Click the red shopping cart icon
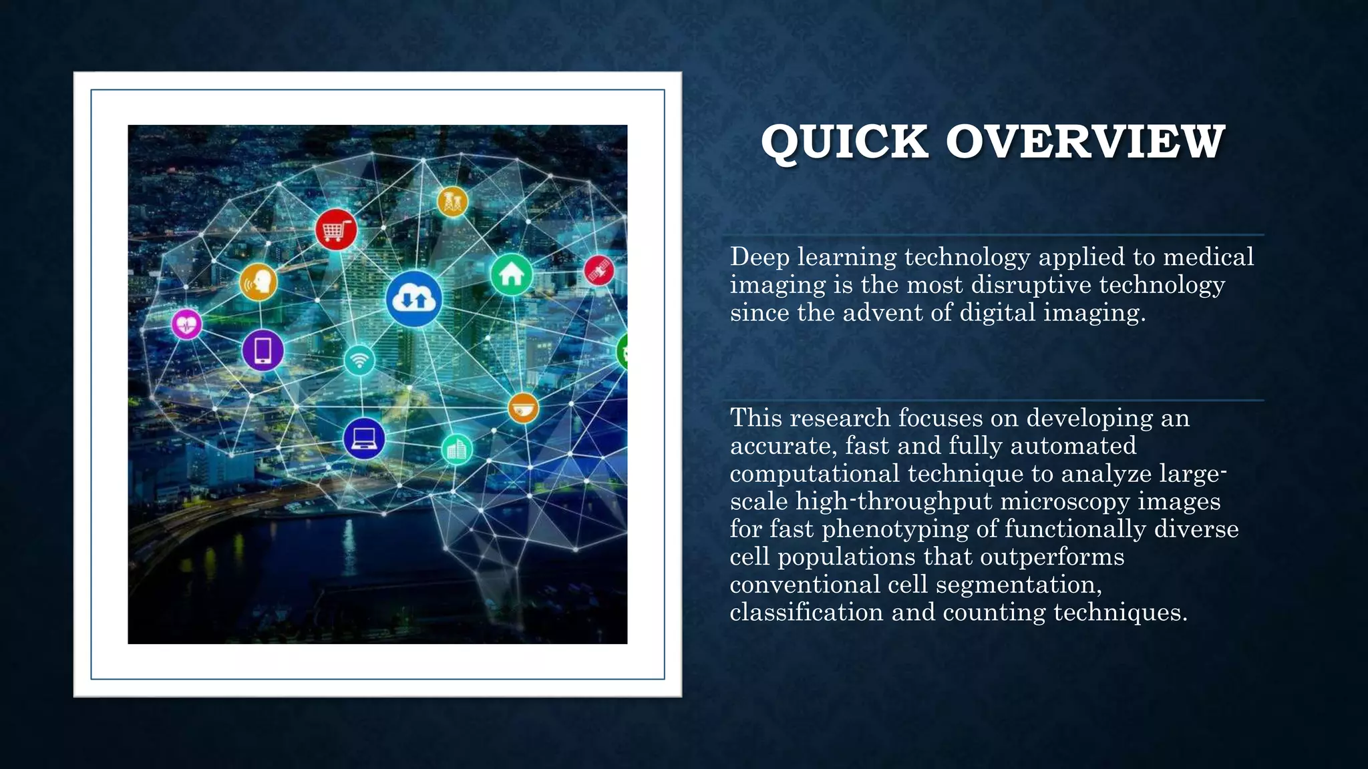(x=336, y=230)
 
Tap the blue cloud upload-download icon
(x=414, y=299)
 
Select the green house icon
(x=512, y=274)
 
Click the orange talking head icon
(x=259, y=282)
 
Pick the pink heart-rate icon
(x=186, y=324)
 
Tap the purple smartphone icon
(x=263, y=350)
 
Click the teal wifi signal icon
(x=359, y=360)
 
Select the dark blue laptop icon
(x=364, y=439)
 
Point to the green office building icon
(x=457, y=449)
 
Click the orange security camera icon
(x=523, y=408)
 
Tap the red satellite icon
(x=599, y=270)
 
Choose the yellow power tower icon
(x=452, y=201)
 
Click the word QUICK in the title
(x=844, y=142)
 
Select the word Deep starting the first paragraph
(x=759, y=257)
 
